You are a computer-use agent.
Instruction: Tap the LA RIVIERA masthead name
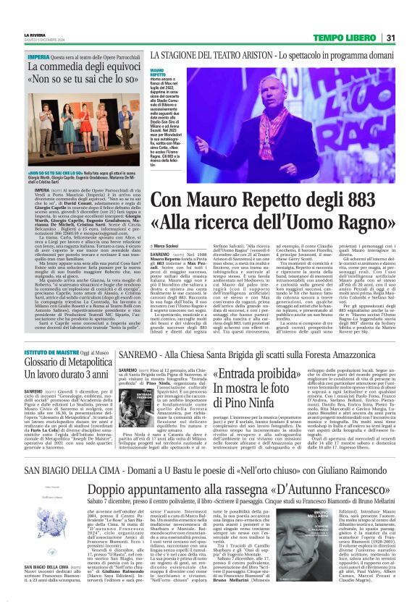tap(33, 34)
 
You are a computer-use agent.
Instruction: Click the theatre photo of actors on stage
tap(72, 129)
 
